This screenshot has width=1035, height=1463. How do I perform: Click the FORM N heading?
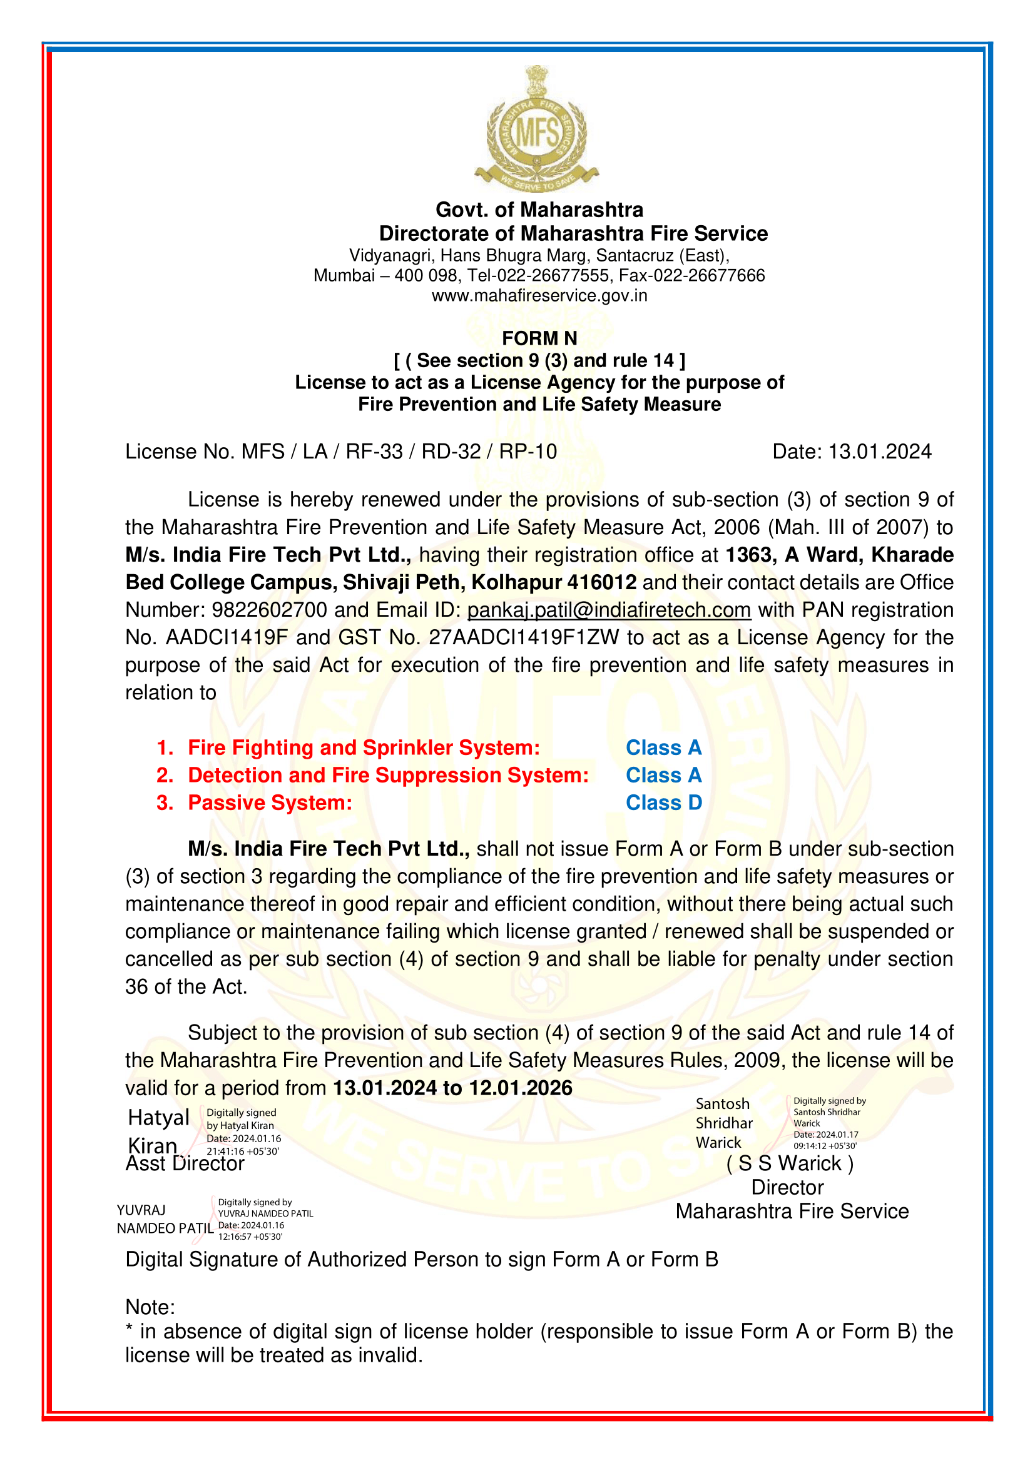pos(539,338)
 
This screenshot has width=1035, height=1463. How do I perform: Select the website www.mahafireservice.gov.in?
pos(539,296)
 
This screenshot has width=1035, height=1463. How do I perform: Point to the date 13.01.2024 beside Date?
pos(879,452)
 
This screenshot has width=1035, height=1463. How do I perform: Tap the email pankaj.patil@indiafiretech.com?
pos(609,610)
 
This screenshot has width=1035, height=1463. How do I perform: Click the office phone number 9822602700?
pos(269,610)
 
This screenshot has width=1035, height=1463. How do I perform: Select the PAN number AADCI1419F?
pos(227,637)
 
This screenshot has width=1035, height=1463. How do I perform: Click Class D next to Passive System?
pos(663,803)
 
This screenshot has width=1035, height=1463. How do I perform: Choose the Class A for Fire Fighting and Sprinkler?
pos(663,747)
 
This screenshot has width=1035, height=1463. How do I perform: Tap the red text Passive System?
pos(270,803)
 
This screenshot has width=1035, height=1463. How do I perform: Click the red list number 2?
pos(165,776)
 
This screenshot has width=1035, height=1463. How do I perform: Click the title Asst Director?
pos(185,1163)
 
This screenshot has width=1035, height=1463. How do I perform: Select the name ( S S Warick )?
pos(790,1163)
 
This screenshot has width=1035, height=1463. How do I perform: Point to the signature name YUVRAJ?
pos(141,1210)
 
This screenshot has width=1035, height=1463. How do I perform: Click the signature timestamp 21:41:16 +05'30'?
pos(242,1152)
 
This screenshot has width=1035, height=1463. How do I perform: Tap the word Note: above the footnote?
pos(150,1307)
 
